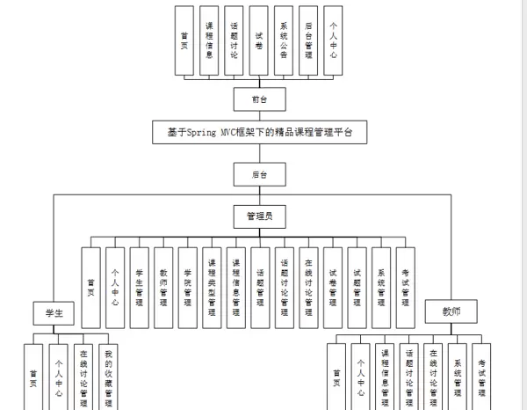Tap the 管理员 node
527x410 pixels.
(x=258, y=216)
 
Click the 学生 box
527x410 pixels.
(x=54, y=313)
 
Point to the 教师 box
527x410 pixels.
(x=450, y=311)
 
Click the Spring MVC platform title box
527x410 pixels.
(x=256, y=133)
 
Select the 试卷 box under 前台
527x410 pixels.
(x=259, y=40)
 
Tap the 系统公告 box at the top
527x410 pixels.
(x=284, y=40)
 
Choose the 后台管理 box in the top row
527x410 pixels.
(x=308, y=40)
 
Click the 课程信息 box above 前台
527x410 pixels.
(x=210, y=40)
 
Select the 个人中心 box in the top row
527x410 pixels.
(x=333, y=40)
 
